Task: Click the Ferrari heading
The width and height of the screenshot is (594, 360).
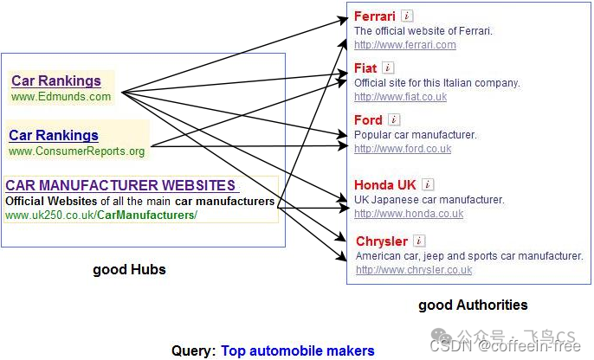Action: coord(375,16)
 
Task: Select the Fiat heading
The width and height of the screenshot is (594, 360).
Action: coord(365,67)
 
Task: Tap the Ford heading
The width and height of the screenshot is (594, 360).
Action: coord(368,119)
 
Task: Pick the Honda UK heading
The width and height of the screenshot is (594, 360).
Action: coord(385,184)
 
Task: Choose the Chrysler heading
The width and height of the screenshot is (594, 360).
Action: coord(381,241)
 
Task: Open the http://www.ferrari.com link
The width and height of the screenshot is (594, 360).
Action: coord(404,45)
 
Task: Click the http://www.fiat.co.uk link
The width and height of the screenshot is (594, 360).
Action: coord(400,97)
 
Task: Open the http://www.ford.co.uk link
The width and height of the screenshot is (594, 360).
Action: coord(403,149)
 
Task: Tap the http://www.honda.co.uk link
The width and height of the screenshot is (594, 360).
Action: coord(408,214)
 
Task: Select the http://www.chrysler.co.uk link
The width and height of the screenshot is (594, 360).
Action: coord(414,270)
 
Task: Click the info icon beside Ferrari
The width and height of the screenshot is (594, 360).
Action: coord(408,16)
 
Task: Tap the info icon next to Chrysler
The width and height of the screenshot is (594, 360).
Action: coord(419,241)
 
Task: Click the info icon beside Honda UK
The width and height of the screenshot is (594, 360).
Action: coord(428,184)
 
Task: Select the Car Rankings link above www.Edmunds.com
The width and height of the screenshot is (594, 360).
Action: coord(55,81)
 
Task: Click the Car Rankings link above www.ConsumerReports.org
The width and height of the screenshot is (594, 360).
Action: coord(53,135)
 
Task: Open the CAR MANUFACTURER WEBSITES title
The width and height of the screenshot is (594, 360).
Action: coord(120,185)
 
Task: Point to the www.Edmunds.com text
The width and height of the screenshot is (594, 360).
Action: coord(61,97)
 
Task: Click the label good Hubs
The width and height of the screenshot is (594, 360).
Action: coord(129,270)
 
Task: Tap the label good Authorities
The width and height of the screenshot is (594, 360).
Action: coord(473,305)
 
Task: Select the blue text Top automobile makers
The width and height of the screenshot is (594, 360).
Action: coord(298,350)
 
